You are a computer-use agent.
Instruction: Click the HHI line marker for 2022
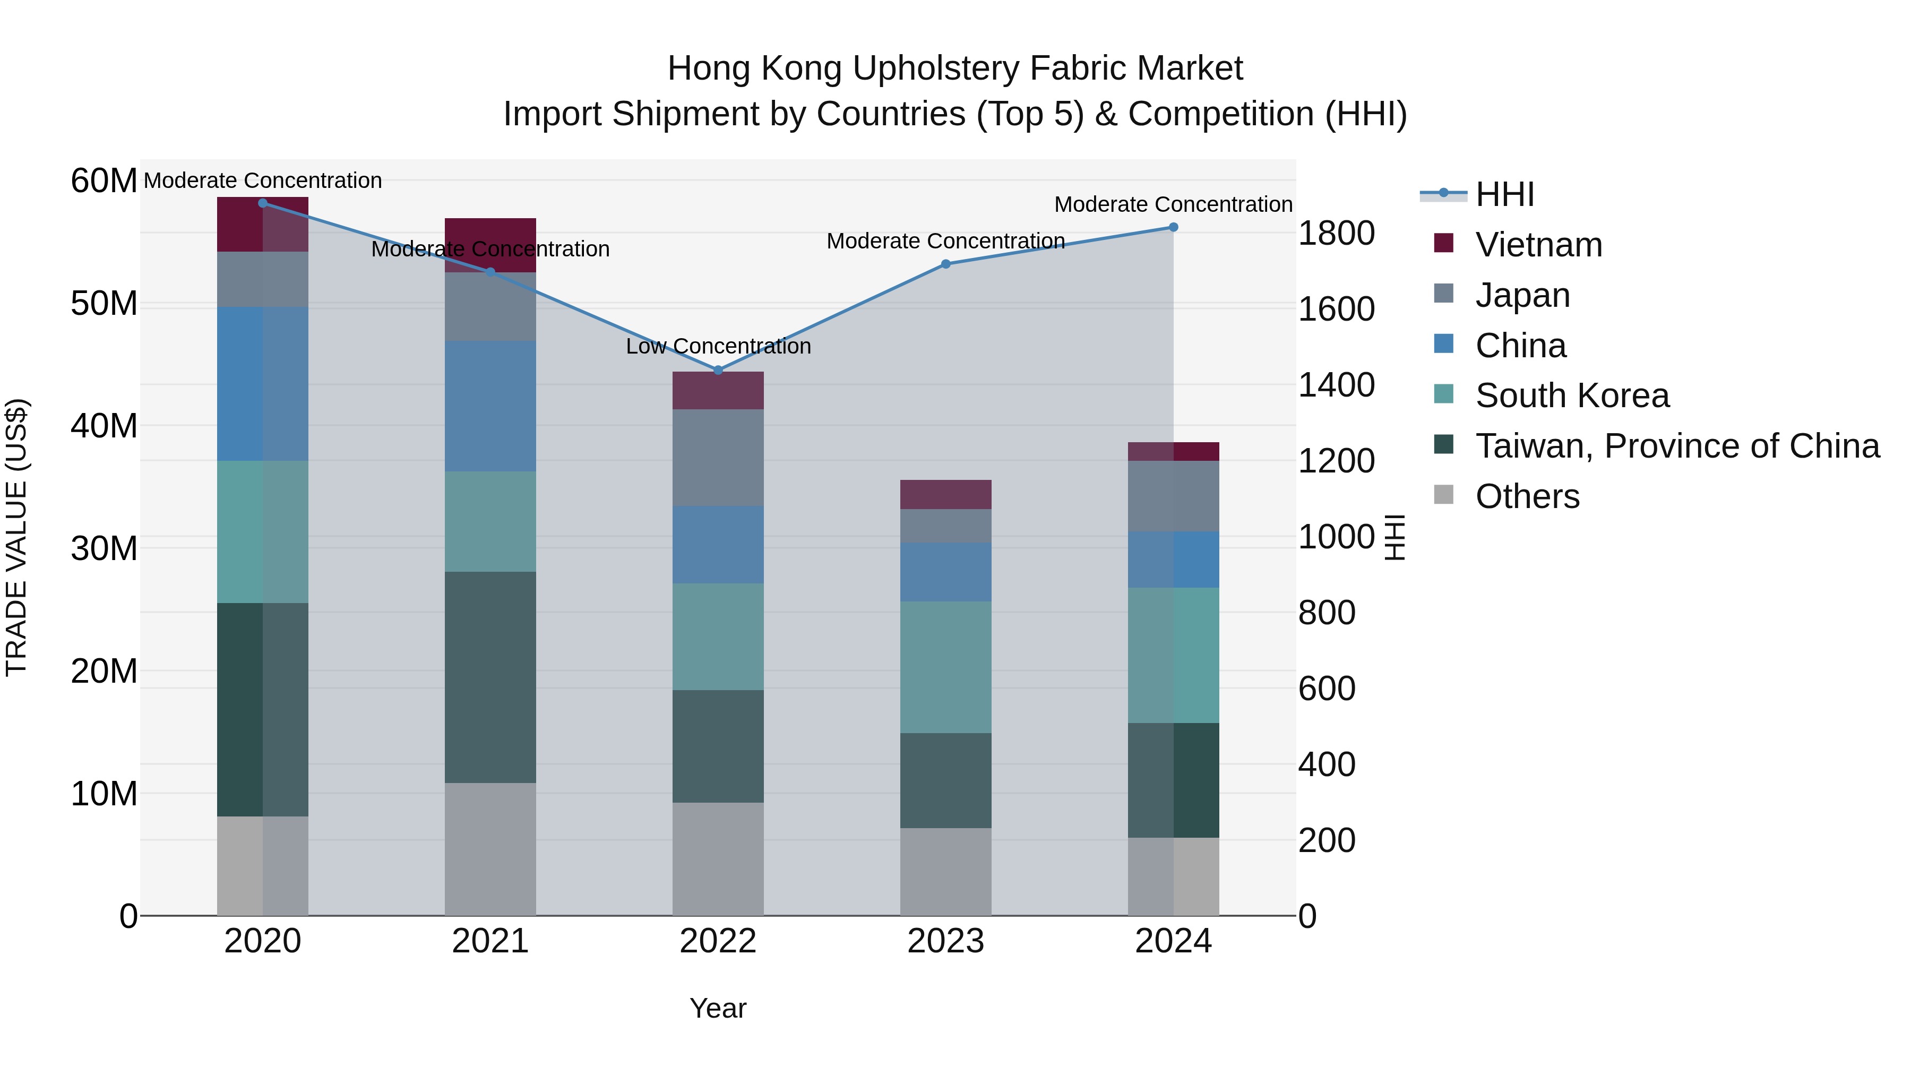coord(717,370)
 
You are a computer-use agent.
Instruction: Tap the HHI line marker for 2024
coord(1173,227)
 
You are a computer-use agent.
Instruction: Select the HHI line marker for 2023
coord(945,264)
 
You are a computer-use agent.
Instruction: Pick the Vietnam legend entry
coord(1538,245)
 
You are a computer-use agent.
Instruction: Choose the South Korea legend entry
coord(1571,395)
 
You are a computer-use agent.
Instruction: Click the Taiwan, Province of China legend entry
coord(1676,446)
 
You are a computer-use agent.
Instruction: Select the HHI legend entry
coord(1504,194)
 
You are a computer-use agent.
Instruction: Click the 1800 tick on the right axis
coord(1336,233)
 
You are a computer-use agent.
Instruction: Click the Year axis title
coord(717,1008)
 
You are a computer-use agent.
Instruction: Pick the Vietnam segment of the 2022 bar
coord(717,390)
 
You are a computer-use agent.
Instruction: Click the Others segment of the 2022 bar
coord(717,858)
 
